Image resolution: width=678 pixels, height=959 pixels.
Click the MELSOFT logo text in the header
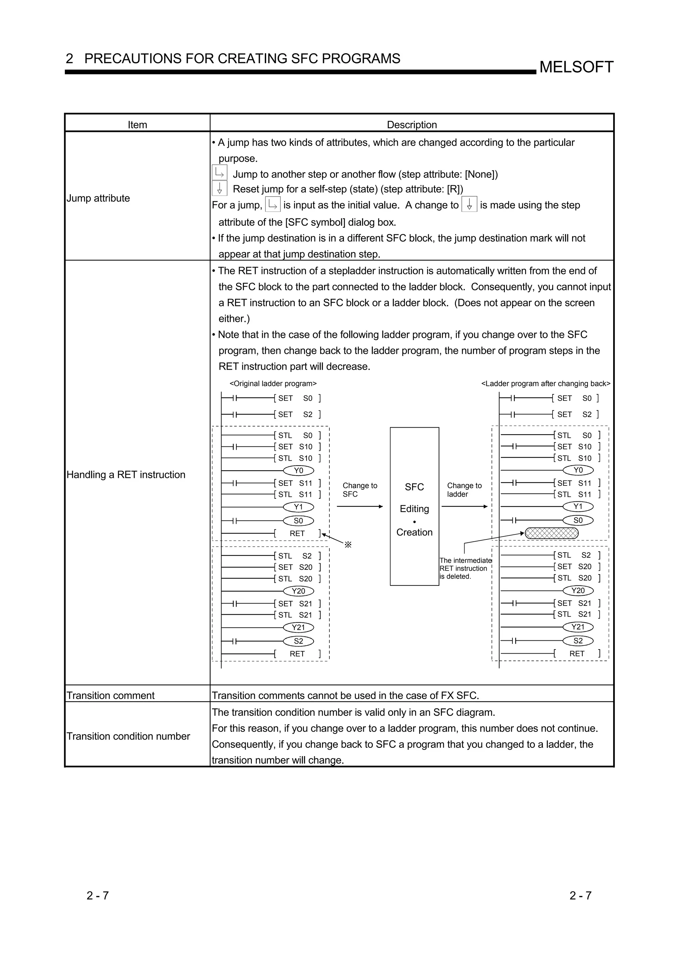click(x=576, y=67)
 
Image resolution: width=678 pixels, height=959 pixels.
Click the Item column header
click(x=137, y=124)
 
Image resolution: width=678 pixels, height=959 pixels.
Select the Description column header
click(x=412, y=124)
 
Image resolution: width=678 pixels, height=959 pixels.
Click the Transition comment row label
click(x=111, y=696)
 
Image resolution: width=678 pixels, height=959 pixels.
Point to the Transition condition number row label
click(x=128, y=736)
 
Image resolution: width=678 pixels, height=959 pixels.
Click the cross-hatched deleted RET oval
click(x=552, y=533)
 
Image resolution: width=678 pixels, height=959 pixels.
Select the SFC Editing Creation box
click(x=414, y=506)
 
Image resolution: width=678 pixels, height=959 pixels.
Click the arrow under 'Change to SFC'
click(x=360, y=507)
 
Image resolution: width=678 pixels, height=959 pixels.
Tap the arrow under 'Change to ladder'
click(x=464, y=507)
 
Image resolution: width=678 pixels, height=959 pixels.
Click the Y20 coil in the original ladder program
click(x=298, y=591)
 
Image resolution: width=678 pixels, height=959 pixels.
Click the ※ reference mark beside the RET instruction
click(x=348, y=545)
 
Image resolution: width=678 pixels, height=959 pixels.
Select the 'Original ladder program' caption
click(x=273, y=384)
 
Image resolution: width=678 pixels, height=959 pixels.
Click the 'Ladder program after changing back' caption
click(x=546, y=384)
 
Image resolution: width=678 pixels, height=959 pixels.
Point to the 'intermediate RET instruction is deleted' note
click(x=465, y=569)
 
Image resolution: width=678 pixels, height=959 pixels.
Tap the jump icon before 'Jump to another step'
click(x=219, y=172)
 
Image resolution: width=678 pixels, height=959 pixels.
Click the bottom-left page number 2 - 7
click(x=98, y=895)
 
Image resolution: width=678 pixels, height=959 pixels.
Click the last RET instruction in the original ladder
click(x=297, y=654)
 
